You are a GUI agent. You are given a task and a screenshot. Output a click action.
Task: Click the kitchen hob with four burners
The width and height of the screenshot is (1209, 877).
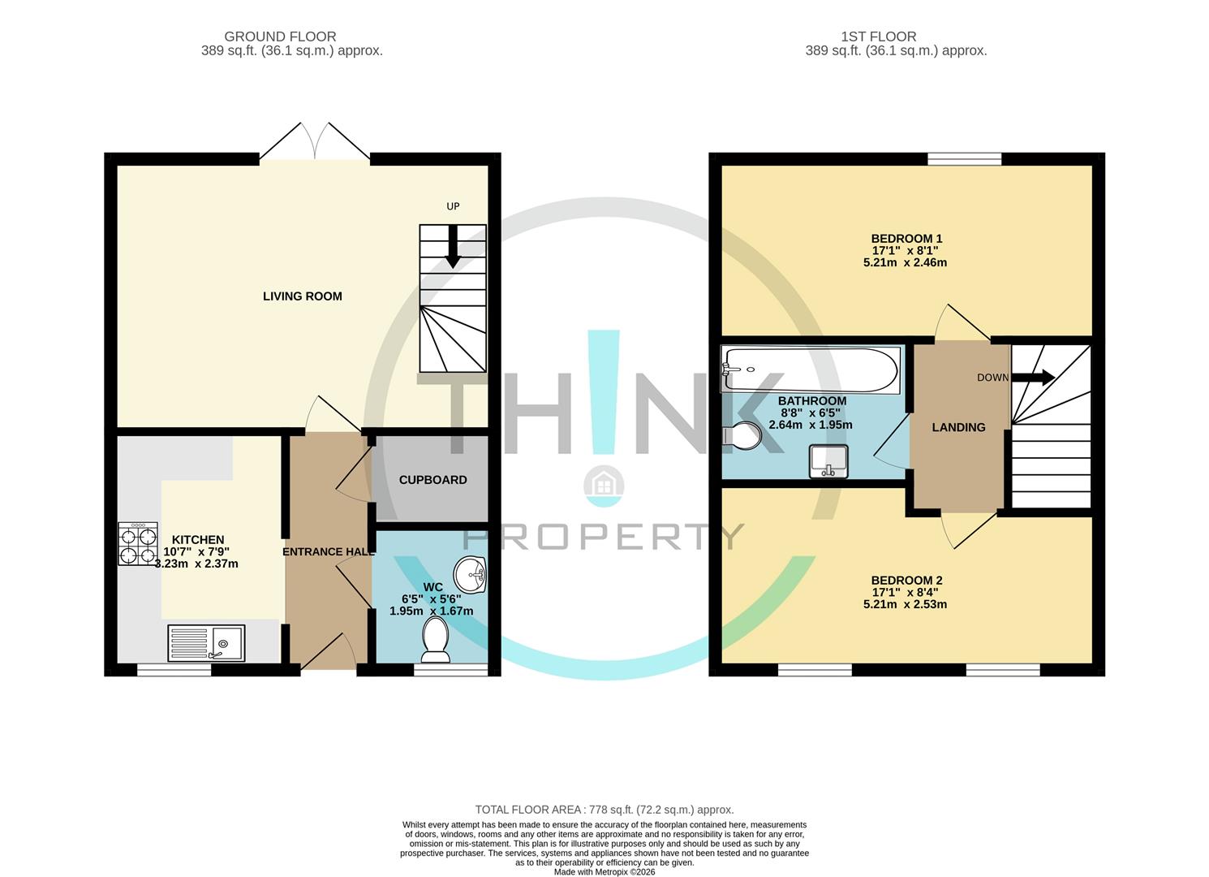pos(138,543)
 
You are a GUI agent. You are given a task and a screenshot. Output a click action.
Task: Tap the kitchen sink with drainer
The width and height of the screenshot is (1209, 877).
pos(206,643)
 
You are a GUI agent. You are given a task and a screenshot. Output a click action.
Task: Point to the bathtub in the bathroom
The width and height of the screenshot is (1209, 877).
pos(810,370)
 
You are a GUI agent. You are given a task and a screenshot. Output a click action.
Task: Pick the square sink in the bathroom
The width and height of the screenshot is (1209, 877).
pos(828,461)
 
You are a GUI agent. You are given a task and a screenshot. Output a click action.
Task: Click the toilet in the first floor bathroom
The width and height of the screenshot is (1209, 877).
pos(742,436)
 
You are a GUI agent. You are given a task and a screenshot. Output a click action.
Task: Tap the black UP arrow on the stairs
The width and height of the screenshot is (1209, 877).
pos(453,246)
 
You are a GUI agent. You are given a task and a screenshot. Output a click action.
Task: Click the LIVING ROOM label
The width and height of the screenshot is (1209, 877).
pos(302,296)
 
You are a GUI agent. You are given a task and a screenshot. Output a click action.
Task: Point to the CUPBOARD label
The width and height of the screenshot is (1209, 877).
pos(432,480)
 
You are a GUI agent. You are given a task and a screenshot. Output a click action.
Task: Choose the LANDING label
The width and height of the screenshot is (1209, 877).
pos(958,427)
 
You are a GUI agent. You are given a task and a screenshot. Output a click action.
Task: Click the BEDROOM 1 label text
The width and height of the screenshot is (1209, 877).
pos(906,239)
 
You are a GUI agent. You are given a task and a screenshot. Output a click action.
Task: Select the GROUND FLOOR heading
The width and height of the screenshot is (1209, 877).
pos(280,37)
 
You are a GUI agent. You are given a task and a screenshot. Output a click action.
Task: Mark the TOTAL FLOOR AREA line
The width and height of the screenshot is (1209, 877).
pos(604,810)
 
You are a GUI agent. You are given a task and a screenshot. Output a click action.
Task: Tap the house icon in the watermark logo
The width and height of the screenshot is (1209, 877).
pos(604,486)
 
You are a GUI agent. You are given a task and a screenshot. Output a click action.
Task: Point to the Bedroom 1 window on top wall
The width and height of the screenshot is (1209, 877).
pos(964,159)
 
